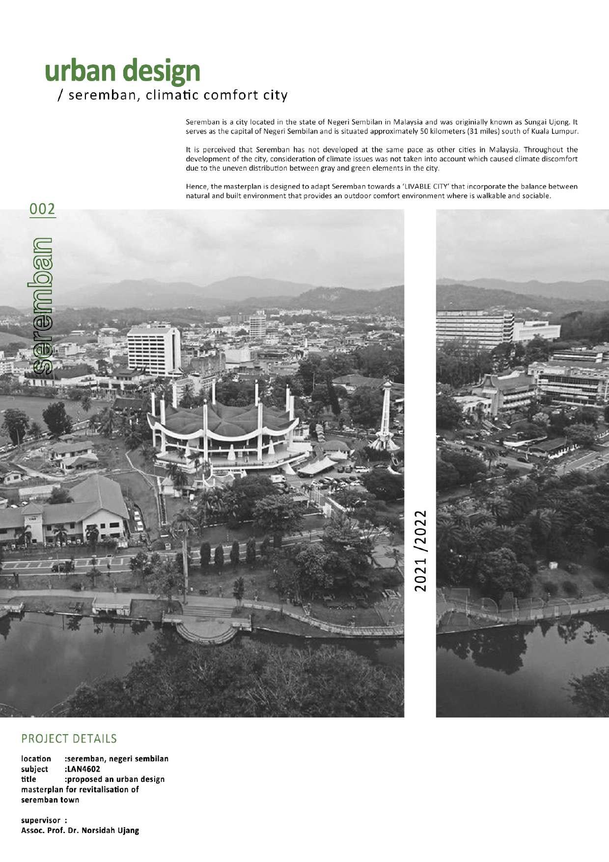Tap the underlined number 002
[42, 209]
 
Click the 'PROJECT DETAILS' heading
[69, 739]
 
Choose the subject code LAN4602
[83, 769]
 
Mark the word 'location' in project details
[36, 759]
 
